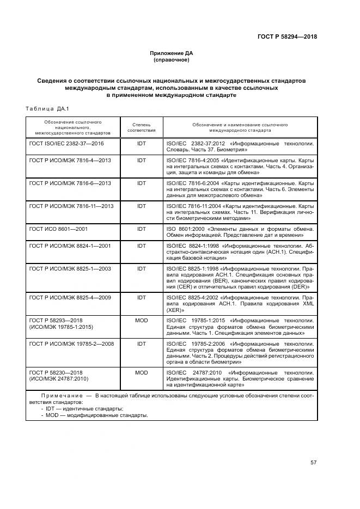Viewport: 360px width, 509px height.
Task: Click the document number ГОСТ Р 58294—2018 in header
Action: pos(287,37)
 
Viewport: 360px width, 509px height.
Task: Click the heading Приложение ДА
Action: pos(172,53)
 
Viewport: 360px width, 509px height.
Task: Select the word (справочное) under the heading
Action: pos(172,60)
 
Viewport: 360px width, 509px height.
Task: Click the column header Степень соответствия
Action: pos(142,127)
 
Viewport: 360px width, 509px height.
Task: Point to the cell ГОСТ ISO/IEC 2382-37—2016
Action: pos(66,143)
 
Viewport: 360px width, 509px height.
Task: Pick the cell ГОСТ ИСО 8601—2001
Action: pos(58,229)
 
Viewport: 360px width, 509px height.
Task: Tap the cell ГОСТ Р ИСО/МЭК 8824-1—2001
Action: pos(70,246)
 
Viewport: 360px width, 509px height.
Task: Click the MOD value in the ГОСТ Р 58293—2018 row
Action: pos(142,321)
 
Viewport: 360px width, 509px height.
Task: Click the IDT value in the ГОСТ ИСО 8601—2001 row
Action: pos(142,229)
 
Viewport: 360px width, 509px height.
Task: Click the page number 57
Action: pos(313,463)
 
